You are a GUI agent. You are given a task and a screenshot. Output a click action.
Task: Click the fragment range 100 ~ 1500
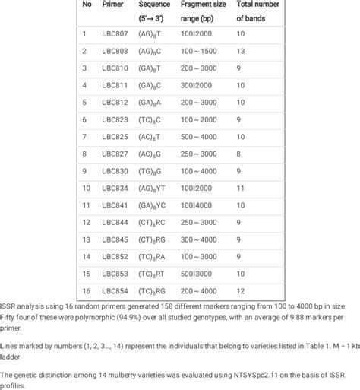(x=201, y=51)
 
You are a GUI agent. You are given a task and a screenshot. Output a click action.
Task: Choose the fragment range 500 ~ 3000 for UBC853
(x=201, y=274)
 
